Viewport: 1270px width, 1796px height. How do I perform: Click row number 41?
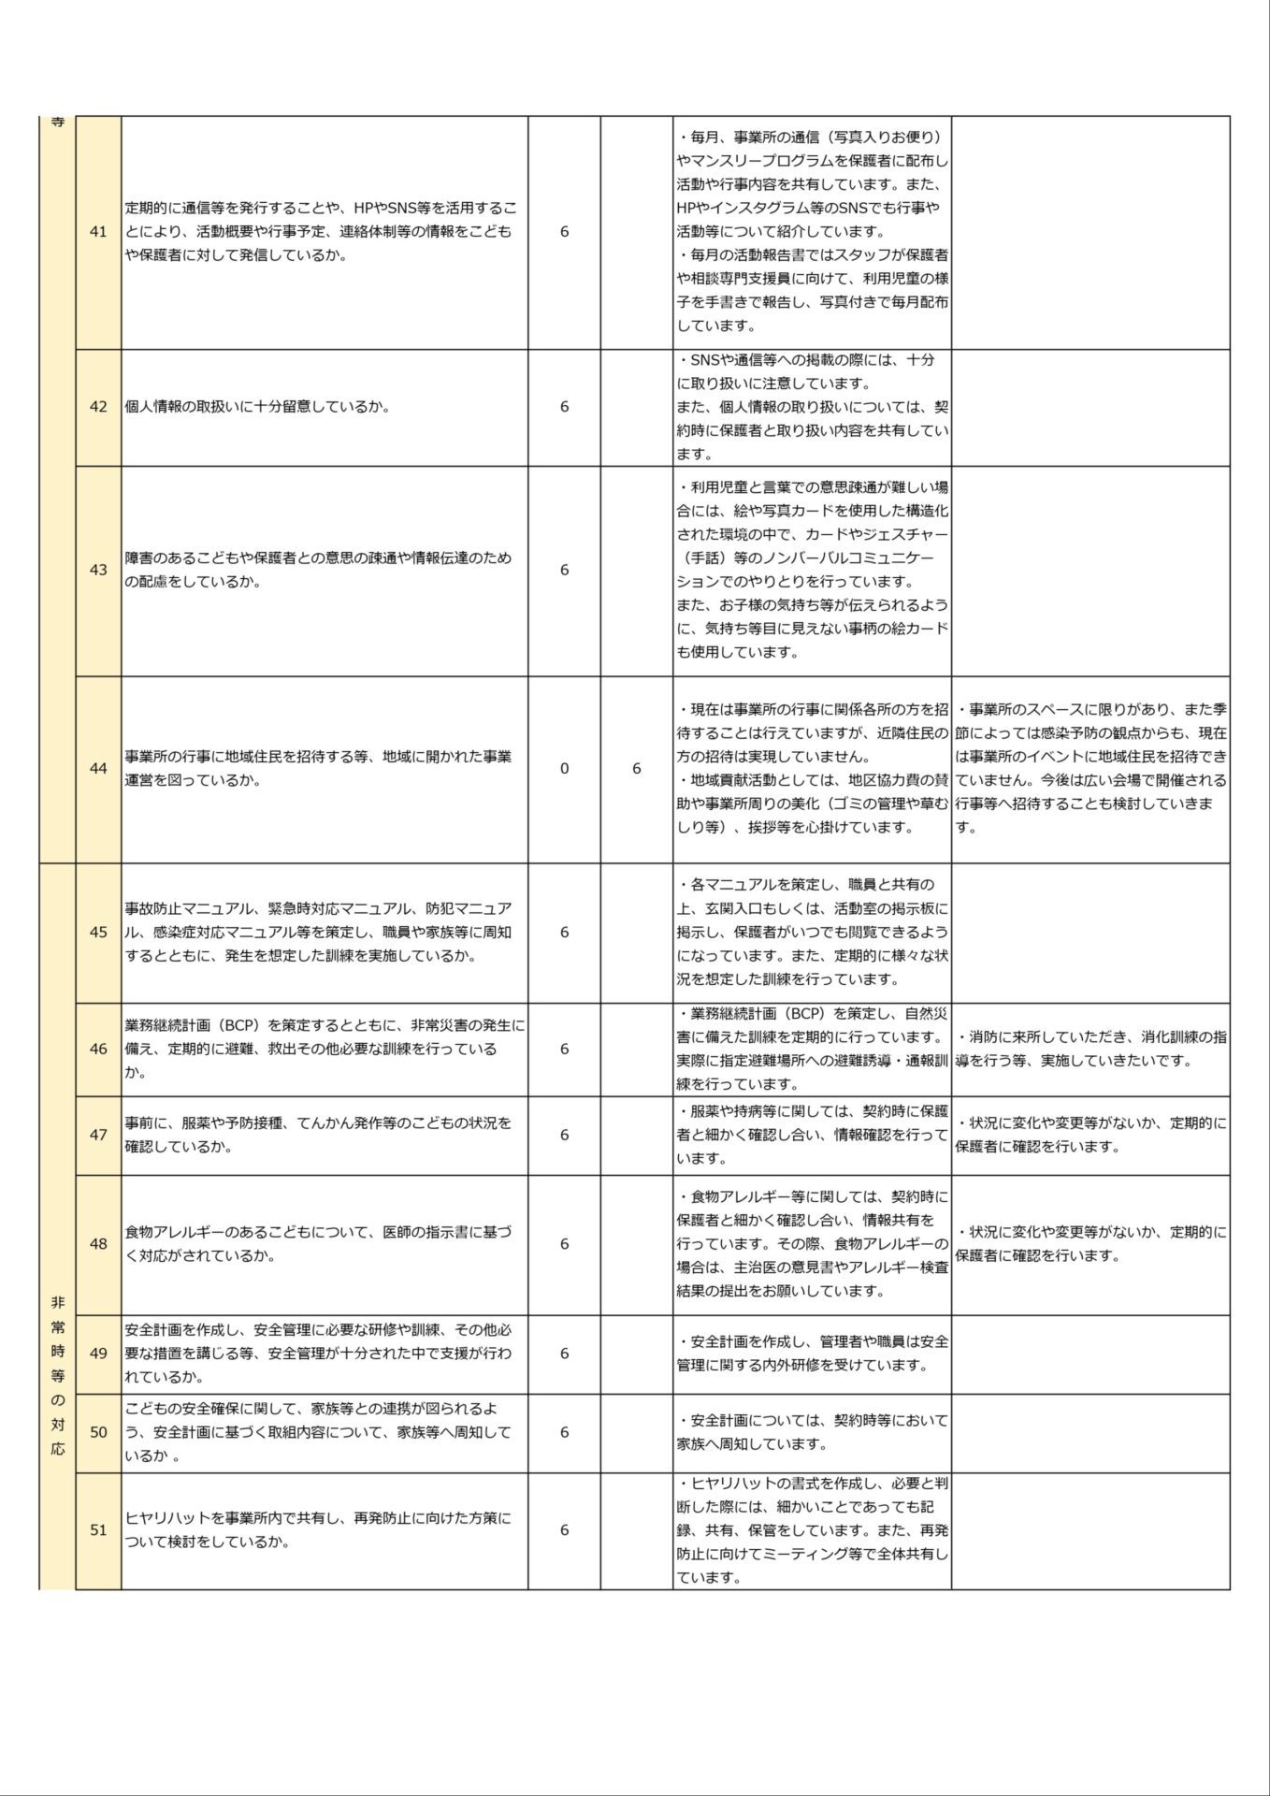pos(98,232)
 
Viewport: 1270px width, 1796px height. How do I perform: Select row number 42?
pos(98,407)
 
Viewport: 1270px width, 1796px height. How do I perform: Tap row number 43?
pos(98,570)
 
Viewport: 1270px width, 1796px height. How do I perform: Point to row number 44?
pos(98,768)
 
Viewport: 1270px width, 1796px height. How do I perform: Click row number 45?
pos(98,932)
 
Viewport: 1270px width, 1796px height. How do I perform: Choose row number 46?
pos(98,1049)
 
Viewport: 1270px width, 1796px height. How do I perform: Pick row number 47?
pos(98,1135)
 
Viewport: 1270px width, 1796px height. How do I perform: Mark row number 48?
pos(98,1244)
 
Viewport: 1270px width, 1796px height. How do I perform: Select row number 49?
pos(98,1353)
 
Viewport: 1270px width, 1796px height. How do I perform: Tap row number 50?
pos(98,1432)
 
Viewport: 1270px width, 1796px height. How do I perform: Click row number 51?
pos(98,1530)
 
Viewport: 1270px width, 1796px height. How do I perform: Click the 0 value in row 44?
pos(564,768)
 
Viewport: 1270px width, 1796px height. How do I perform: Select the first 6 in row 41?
pos(564,232)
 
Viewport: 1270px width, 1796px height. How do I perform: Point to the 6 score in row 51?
pos(564,1530)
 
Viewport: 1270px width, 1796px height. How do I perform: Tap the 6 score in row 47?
pos(564,1135)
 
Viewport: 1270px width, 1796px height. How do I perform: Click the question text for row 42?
pos(257,407)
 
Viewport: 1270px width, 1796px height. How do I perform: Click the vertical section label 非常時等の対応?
pos(58,1375)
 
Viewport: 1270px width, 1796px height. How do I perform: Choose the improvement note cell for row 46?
pos(1090,1049)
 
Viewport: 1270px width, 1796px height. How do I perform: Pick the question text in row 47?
pos(318,1135)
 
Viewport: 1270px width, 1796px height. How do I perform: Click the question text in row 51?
pos(318,1530)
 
